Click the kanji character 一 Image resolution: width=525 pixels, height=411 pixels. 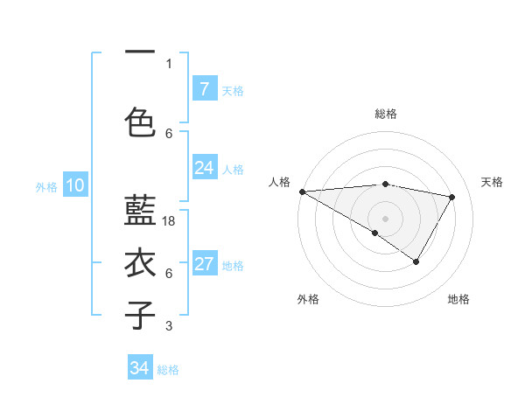point(141,52)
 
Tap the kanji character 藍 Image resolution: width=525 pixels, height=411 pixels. point(141,210)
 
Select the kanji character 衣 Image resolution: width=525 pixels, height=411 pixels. point(141,263)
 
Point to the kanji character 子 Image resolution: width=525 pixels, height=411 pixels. point(141,314)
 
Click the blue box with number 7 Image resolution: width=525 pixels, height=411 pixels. point(204,89)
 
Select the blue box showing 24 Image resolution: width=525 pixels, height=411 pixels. point(204,168)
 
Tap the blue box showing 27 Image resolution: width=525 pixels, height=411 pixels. point(204,265)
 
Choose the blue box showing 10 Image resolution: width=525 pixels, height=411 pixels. point(74,185)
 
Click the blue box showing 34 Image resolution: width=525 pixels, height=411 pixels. point(139,368)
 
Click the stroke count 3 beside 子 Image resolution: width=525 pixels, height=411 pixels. point(169,327)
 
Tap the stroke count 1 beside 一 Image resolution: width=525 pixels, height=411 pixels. point(169,64)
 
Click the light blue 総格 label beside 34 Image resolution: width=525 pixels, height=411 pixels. point(168,369)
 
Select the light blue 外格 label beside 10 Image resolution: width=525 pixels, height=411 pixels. point(46,186)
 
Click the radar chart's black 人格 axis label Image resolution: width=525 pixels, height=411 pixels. point(279,182)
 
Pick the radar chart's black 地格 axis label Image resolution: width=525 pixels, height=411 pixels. point(458,299)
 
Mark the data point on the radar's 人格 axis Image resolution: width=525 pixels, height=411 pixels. point(302,192)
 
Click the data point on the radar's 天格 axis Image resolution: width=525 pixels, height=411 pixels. point(452,197)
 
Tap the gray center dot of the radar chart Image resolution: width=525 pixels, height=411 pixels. point(385,218)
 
